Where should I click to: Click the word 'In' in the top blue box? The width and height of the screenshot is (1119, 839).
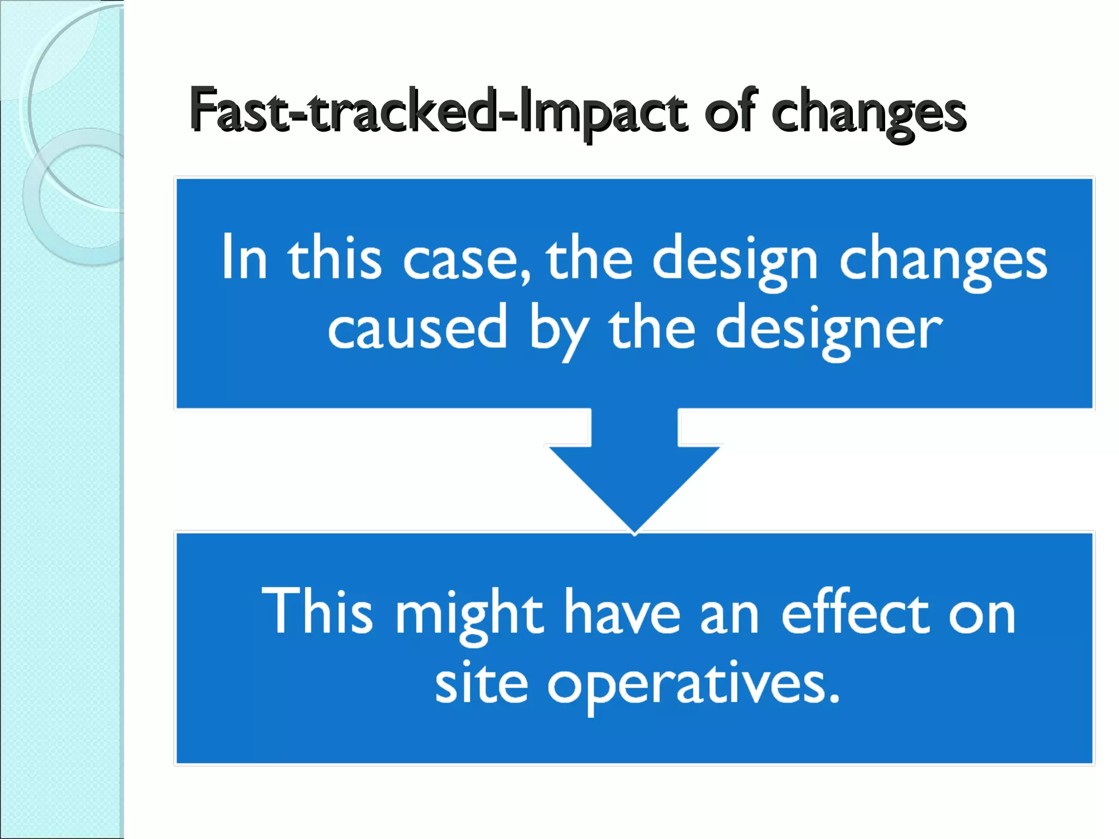(x=244, y=257)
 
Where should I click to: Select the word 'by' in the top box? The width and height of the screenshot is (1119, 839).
(x=558, y=331)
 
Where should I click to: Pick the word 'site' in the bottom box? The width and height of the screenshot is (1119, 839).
(x=481, y=683)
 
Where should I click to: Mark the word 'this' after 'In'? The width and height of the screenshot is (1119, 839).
(x=334, y=257)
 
